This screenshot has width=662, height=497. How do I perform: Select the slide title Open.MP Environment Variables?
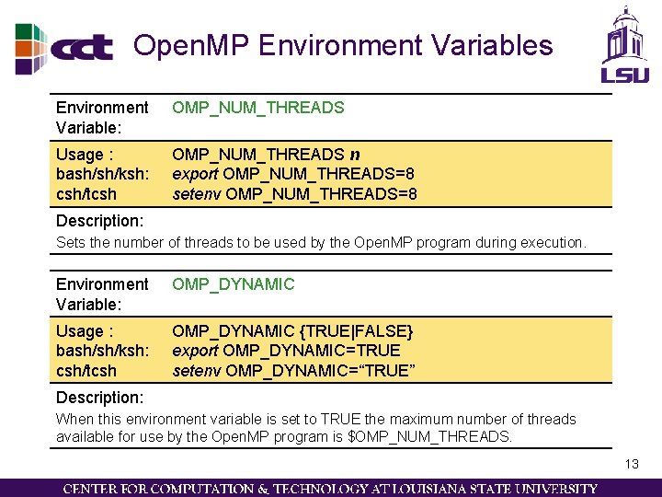pos(343,45)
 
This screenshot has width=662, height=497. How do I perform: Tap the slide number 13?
pos(631,464)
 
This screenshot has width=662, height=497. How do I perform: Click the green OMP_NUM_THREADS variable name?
pos(258,108)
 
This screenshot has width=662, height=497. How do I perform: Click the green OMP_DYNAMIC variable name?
pos(234,284)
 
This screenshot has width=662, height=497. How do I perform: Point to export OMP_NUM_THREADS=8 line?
pos(293,174)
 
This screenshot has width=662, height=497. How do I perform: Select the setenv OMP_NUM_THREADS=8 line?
pos(295,194)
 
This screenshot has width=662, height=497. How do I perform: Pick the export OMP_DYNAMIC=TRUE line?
pos(287,351)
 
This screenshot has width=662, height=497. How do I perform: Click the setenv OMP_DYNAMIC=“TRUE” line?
pos(294,371)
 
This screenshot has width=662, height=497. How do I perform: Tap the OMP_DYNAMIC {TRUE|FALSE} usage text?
pos(293,330)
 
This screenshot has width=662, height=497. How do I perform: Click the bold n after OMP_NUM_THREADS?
pos(355,154)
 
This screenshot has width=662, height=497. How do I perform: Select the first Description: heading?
pos(99,221)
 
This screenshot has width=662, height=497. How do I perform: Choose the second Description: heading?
pos(99,398)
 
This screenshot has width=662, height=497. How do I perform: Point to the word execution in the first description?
pos(551,243)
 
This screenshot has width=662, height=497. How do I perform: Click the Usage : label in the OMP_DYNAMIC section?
pos(85,330)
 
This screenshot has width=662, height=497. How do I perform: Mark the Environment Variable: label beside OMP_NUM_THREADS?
pos(101,117)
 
